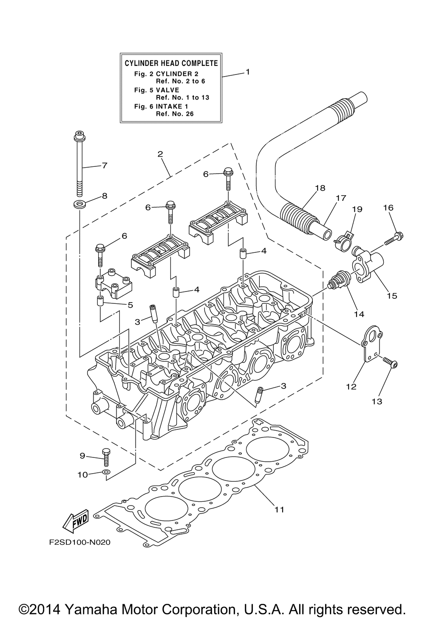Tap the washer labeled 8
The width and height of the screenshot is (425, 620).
79,205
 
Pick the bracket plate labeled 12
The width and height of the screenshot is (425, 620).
371,344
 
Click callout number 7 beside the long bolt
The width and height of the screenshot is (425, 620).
104,166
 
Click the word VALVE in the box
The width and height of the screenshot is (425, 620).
167,90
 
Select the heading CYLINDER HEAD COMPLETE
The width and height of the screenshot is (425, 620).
171,63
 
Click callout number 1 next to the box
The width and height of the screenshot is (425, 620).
248,71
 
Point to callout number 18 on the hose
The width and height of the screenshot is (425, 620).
320,188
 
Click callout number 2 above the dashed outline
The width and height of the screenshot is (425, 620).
160,154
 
